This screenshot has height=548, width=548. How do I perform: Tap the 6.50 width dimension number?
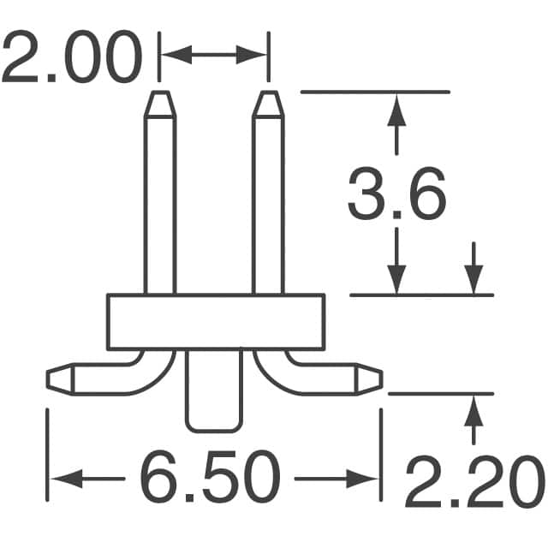210,478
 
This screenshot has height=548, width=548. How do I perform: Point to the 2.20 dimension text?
474,485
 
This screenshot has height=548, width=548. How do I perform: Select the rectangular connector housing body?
216,322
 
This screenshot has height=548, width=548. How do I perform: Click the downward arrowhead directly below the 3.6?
396,279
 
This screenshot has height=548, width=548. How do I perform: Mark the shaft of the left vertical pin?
160,205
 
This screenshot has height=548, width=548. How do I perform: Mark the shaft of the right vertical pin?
268,205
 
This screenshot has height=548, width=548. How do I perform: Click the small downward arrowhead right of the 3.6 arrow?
473,279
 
